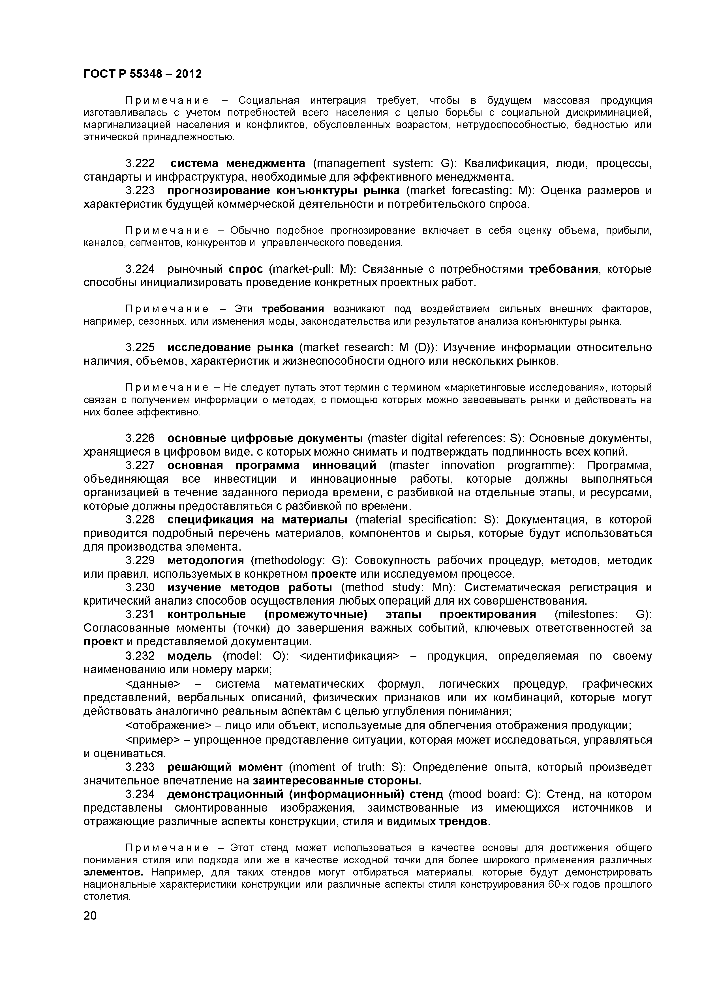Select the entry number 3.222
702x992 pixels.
(x=140, y=164)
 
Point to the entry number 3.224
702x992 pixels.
(x=140, y=269)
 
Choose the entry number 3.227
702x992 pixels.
(x=140, y=465)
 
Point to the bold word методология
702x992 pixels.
(x=206, y=560)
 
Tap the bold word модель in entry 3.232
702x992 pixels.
(x=189, y=656)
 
